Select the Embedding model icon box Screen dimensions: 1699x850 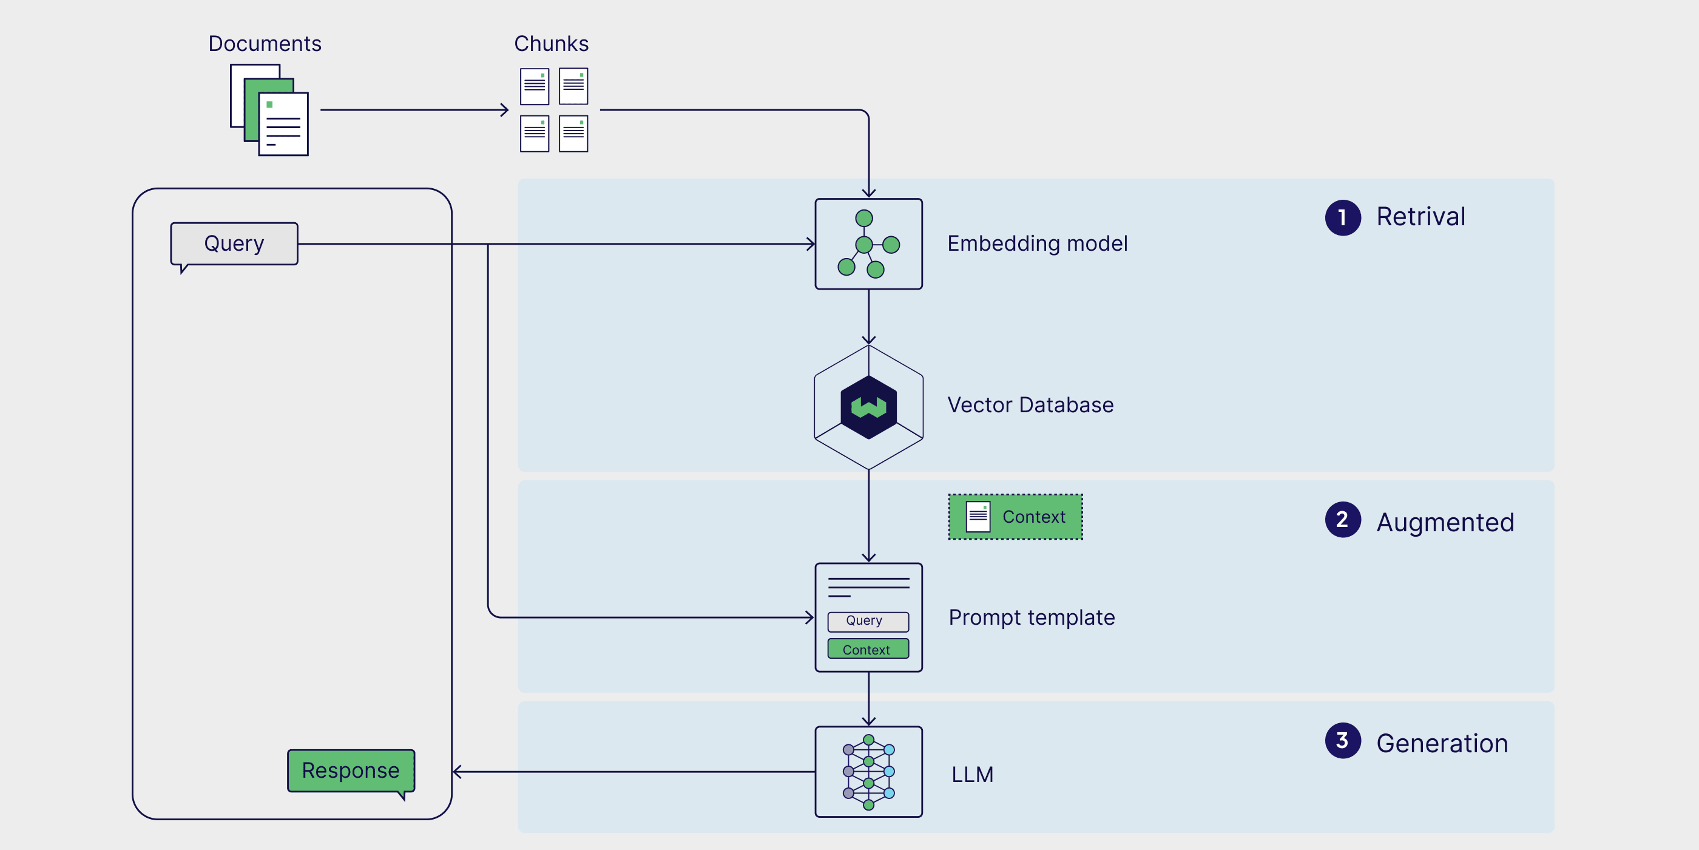tap(869, 243)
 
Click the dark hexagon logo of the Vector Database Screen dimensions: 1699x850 tap(869, 407)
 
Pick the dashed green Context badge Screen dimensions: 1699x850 tap(1015, 517)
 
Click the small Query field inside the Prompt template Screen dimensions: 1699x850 tap(868, 621)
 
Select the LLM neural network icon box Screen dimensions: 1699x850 tap(869, 772)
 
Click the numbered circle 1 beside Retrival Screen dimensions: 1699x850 tap(1343, 217)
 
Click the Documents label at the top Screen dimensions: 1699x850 tap(265, 44)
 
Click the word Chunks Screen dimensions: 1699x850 tap(551, 44)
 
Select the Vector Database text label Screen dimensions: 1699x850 tap(1030, 404)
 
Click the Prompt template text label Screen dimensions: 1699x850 tap(1032, 617)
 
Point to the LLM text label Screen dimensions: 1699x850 tap(972, 774)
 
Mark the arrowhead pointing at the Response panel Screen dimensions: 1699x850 tap(456, 772)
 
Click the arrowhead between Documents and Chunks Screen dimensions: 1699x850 tap(505, 109)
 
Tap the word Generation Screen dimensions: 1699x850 tap(1442, 744)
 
